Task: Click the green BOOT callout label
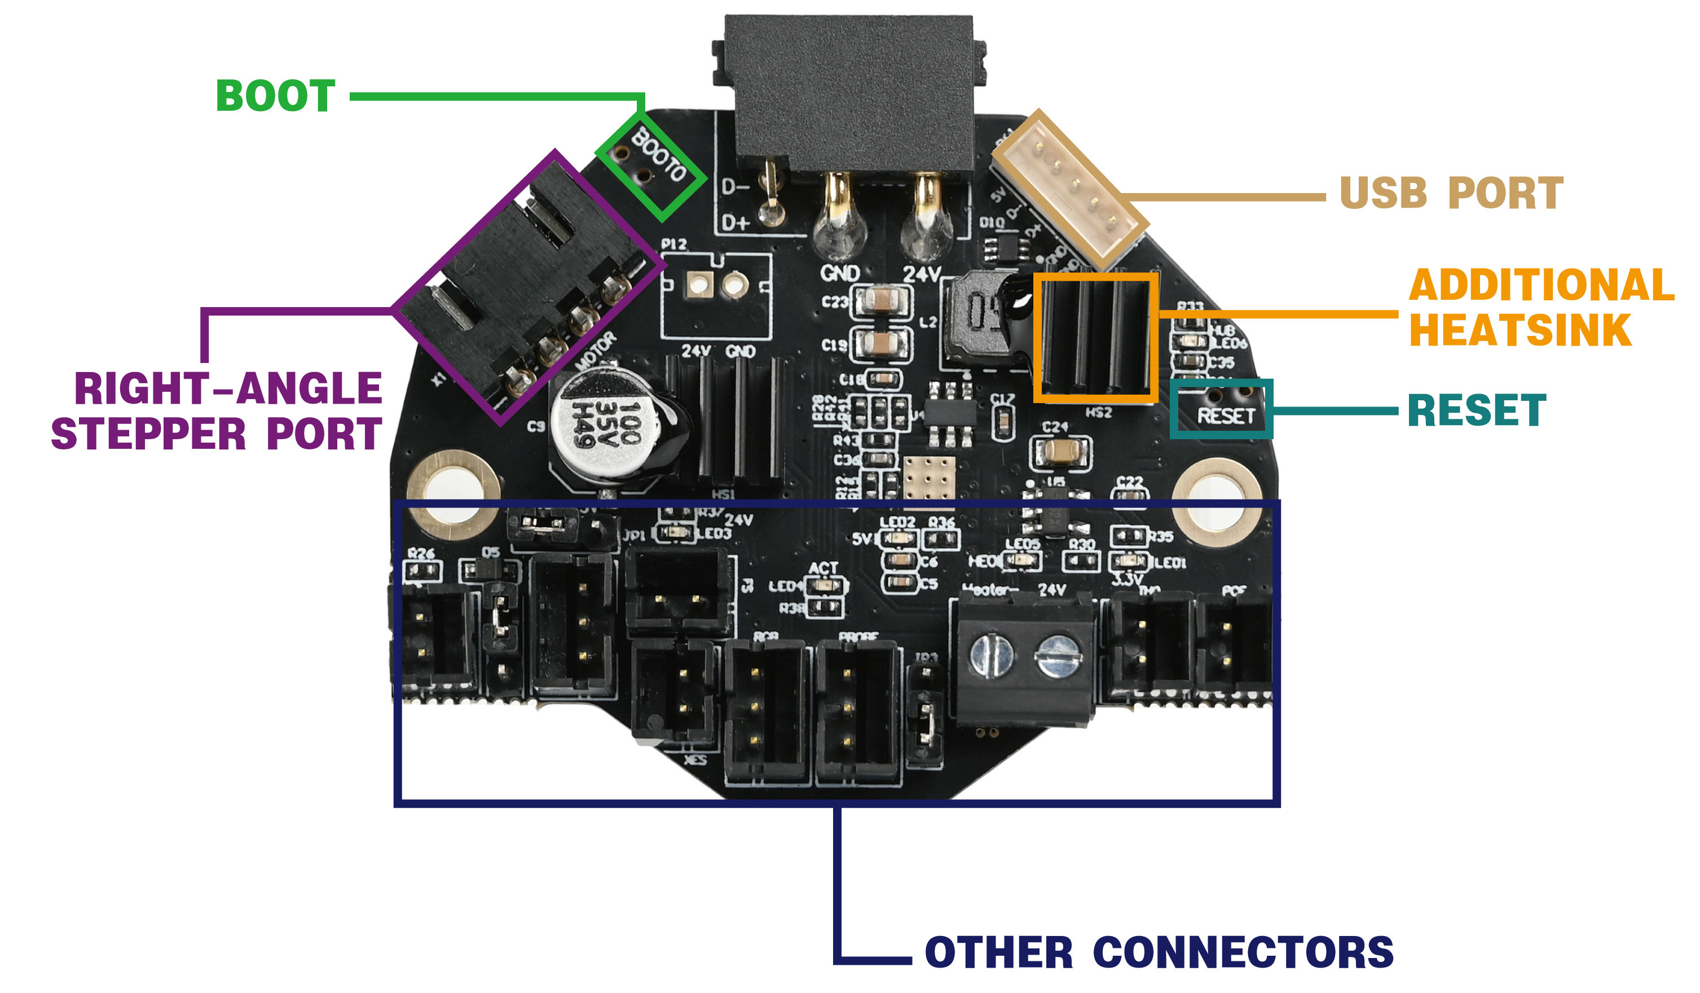[275, 96]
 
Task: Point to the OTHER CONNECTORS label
[1159, 952]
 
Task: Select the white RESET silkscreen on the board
[1226, 416]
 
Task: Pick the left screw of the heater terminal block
[990, 655]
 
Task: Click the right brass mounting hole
[1218, 501]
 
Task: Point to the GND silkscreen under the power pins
[840, 273]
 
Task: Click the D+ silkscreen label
[736, 223]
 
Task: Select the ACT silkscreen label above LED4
[823, 568]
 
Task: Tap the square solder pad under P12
[699, 286]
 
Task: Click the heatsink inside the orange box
[1095, 338]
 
